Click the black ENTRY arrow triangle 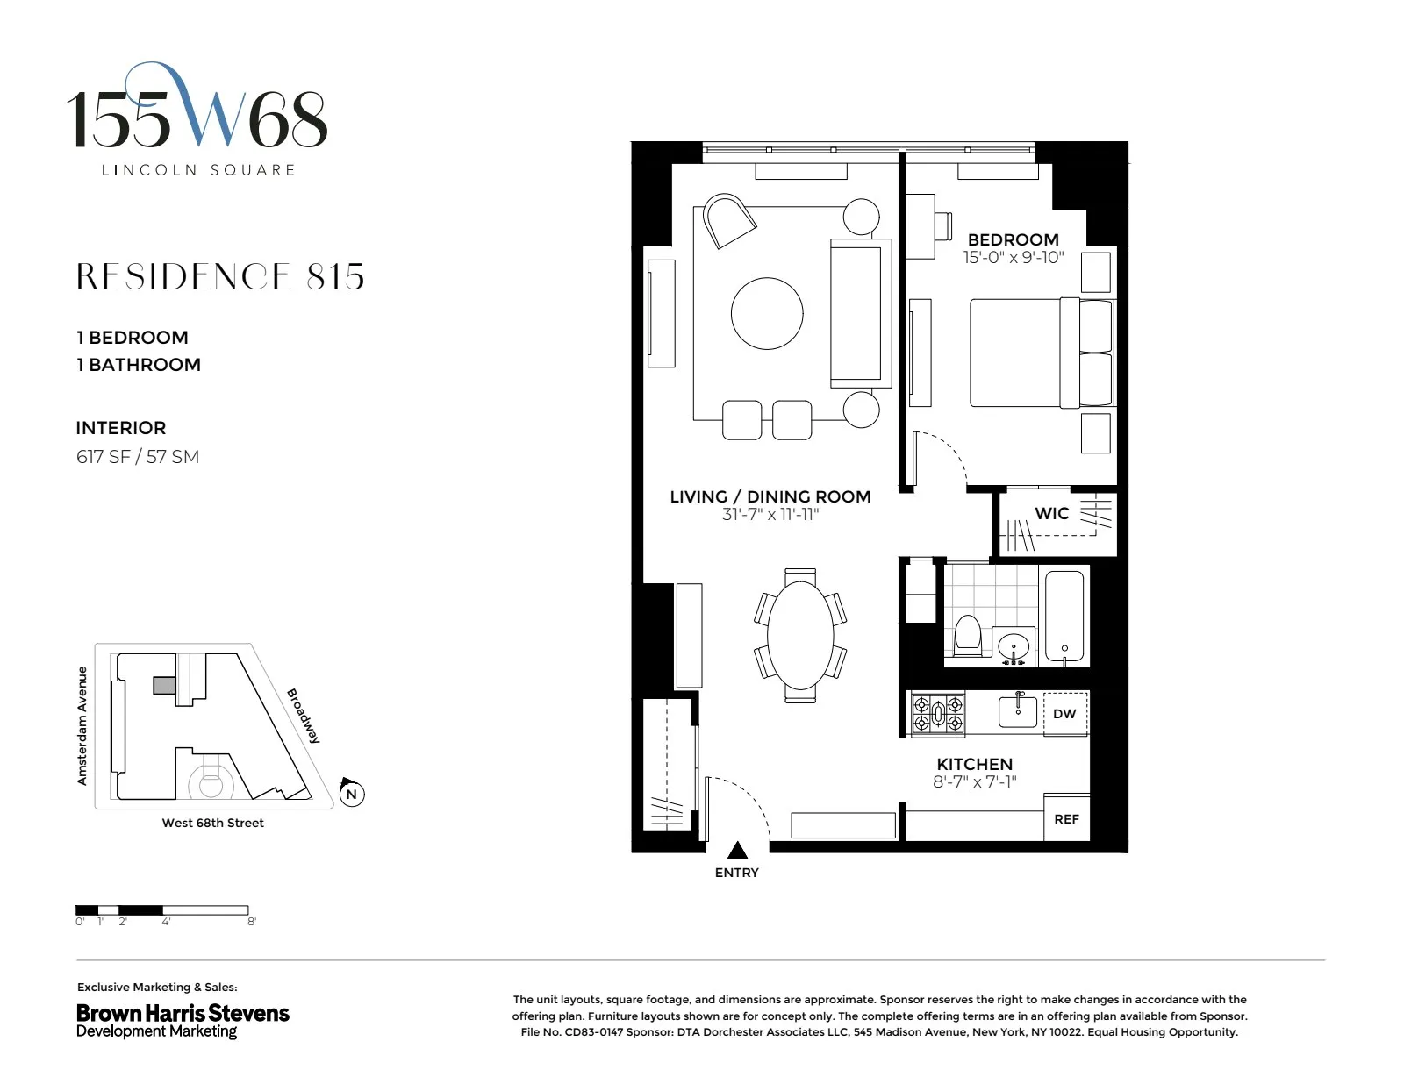[737, 850]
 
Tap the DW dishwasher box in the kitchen [1064, 714]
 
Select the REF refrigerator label [1066, 819]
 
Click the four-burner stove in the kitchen [937, 714]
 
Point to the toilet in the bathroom [967, 635]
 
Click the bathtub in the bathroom [1064, 617]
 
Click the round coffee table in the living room [767, 313]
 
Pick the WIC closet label [1051, 514]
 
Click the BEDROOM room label [1013, 239]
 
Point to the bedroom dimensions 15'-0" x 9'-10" [1013, 258]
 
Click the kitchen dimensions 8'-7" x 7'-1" [974, 782]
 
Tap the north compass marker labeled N [351, 795]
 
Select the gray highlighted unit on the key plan [164, 686]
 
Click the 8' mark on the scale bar [252, 922]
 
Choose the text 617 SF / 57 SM [138, 457]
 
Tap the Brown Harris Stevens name [183, 1014]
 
